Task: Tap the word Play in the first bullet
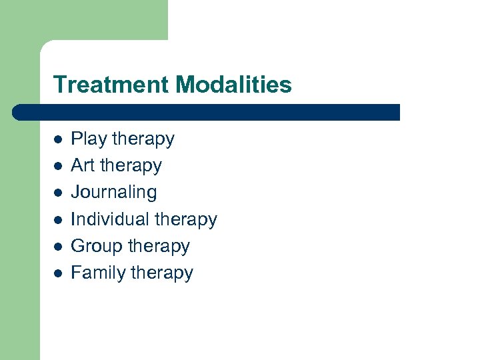pos(89,139)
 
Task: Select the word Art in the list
pos(83,165)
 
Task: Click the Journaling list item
pos(114,193)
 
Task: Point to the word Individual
pos(110,219)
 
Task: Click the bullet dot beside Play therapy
pos(58,139)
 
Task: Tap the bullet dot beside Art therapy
pos(58,166)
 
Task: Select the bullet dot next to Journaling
pos(58,193)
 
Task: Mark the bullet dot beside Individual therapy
pos(58,219)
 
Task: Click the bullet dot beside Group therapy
pos(58,246)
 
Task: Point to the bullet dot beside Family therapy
pos(58,273)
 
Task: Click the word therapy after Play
pos(143,139)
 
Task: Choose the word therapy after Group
pos(159,246)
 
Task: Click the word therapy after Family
pos(162,273)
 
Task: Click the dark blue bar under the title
pos(207,112)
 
